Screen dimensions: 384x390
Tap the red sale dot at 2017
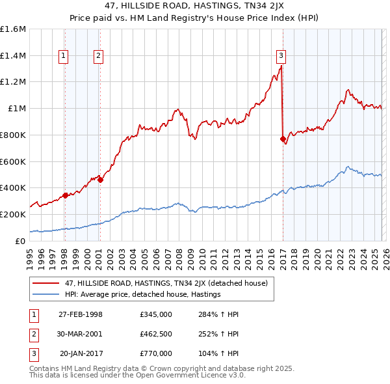click(282, 139)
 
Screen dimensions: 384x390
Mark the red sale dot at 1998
click(65, 195)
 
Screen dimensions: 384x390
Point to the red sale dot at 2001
click(100, 180)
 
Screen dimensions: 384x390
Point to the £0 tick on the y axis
click(19, 240)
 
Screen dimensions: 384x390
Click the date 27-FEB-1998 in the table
click(81, 314)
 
